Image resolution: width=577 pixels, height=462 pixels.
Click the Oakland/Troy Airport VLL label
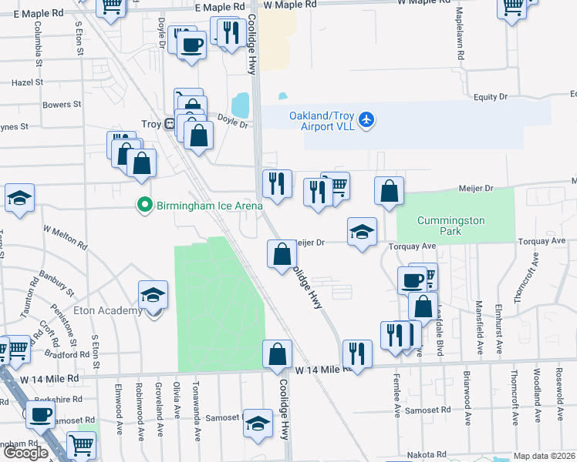pyautogui.click(x=322, y=120)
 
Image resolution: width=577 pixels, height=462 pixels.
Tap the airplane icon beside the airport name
pyautogui.click(x=366, y=120)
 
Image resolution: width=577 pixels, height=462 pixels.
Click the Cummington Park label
pyautogui.click(x=450, y=226)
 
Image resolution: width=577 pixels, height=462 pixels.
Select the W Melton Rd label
pyautogui.click(x=66, y=236)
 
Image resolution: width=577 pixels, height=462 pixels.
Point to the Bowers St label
pyautogui.click(x=62, y=105)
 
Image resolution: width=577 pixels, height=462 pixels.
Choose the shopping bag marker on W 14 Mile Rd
pyautogui.click(x=277, y=355)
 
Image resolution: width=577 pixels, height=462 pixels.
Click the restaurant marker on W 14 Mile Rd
pyautogui.click(x=356, y=354)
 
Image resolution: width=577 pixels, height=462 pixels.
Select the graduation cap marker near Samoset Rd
pyautogui.click(x=258, y=424)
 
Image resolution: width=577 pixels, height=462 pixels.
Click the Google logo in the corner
pyautogui.click(x=25, y=453)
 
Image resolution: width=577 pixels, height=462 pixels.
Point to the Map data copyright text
pyautogui.click(x=545, y=456)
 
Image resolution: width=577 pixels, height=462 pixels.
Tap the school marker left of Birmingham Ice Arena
pyautogui.click(x=19, y=198)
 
